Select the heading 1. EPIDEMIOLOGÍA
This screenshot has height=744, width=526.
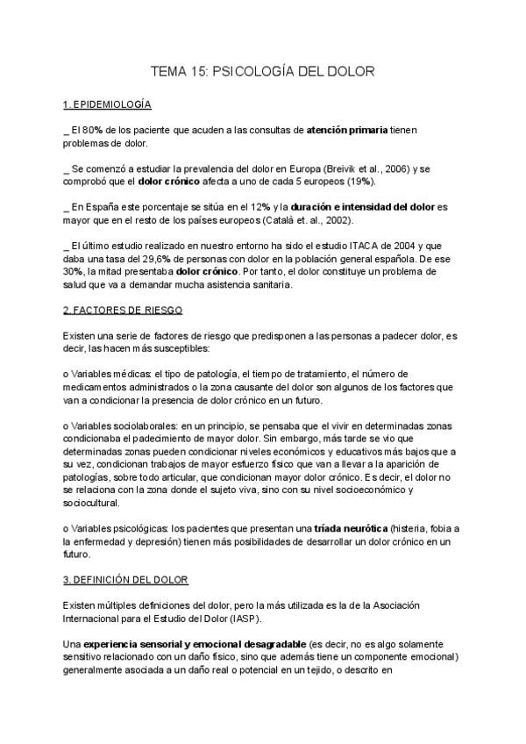(108, 104)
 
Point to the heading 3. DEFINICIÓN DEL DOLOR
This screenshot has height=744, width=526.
(126, 580)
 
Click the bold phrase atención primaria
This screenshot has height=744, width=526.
(347, 130)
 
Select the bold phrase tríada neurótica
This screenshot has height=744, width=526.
(351, 528)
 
